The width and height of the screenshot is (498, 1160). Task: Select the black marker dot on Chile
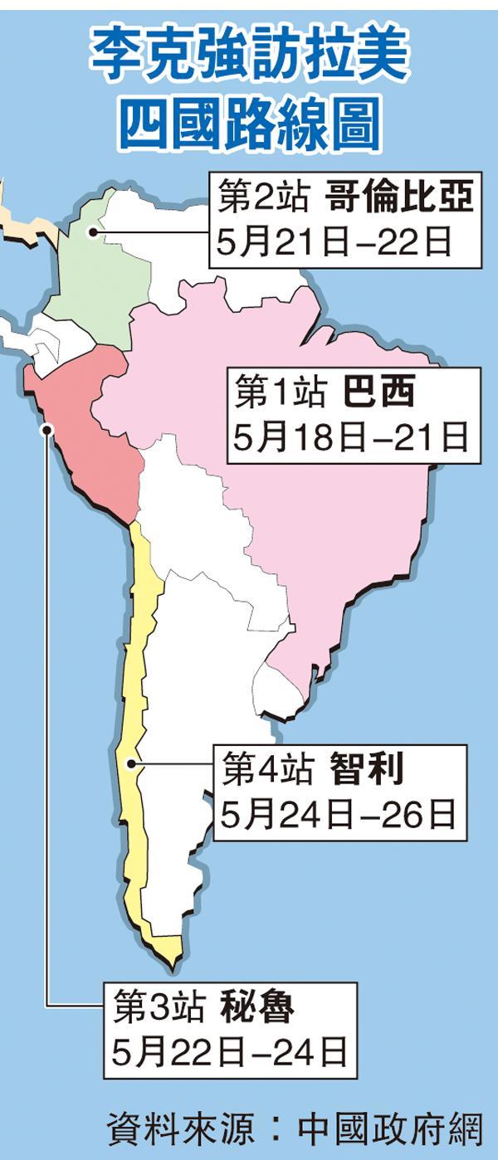tap(130, 764)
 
